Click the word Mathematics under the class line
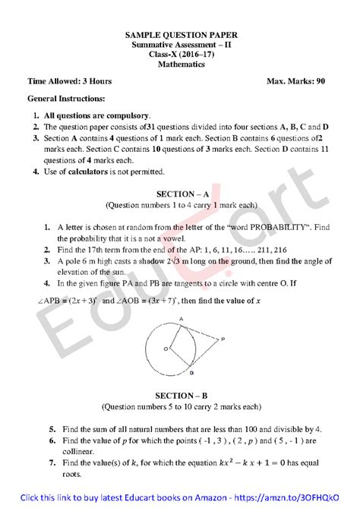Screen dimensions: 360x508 181,65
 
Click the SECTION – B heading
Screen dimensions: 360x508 181,396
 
